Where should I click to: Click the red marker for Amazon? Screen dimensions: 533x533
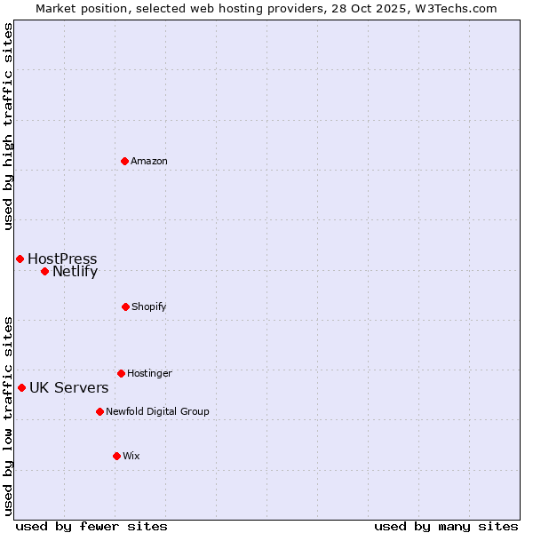click(x=124, y=161)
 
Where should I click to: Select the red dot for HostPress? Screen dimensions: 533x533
click(x=20, y=259)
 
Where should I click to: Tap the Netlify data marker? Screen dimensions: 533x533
click(x=44, y=271)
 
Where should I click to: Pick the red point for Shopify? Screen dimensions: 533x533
click(x=125, y=306)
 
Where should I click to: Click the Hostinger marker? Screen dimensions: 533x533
click(x=121, y=373)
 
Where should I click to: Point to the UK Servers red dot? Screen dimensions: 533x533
click(x=21, y=387)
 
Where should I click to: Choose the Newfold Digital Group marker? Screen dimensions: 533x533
click(x=99, y=411)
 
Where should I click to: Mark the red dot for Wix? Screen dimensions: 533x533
click(x=116, y=456)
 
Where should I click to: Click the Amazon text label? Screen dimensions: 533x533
click(x=149, y=161)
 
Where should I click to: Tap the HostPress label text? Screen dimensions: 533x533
click(x=62, y=259)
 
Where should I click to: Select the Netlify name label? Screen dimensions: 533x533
click(x=75, y=271)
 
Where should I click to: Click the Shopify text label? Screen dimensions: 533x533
click(x=149, y=306)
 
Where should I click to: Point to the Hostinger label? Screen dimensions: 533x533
click(x=149, y=373)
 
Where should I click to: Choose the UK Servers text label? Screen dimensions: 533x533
click(x=69, y=387)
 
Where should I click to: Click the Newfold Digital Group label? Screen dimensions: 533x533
click(x=157, y=411)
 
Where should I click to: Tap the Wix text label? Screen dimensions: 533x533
click(x=131, y=456)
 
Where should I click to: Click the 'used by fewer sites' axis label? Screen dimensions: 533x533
click(x=91, y=526)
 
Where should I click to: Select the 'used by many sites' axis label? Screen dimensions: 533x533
click(x=446, y=526)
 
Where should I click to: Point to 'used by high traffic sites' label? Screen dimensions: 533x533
click(x=8, y=126)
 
